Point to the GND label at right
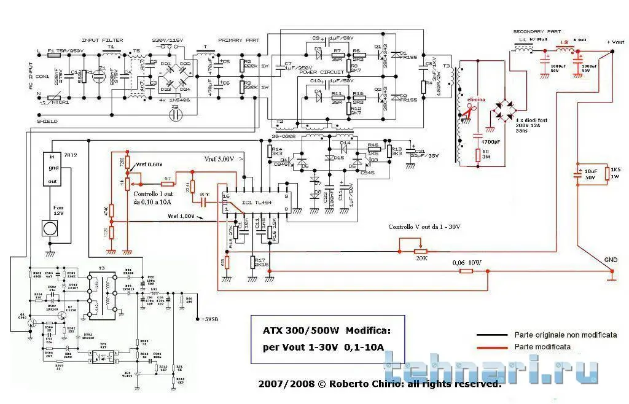point(611,260)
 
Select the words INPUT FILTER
point(102,41)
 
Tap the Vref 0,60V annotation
point(149,164)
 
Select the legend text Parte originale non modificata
point(557,335)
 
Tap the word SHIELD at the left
point(47,122)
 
